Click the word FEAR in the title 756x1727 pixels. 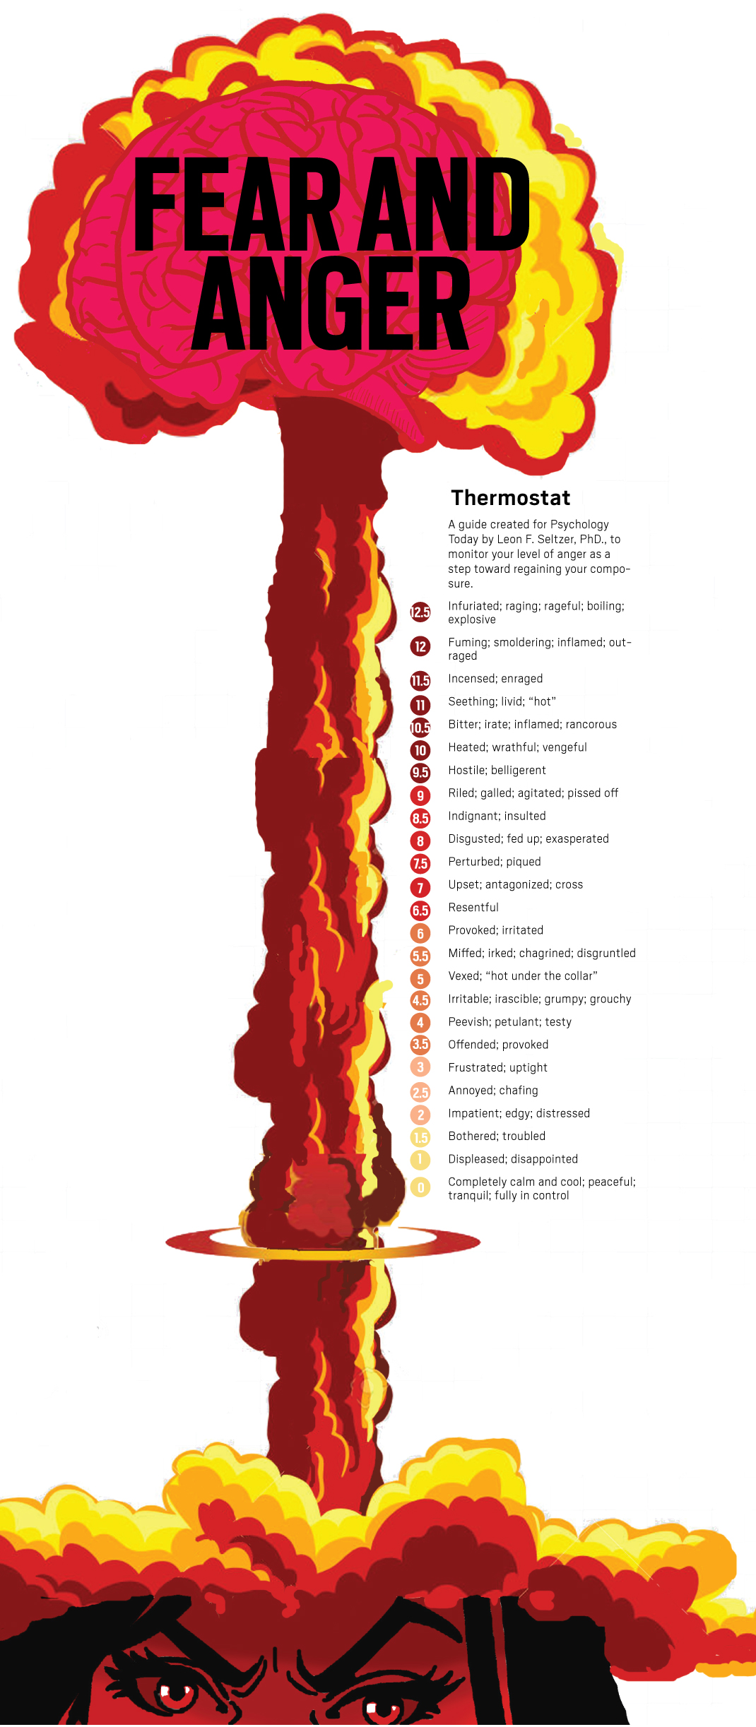pos(237,205)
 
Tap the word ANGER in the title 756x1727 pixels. pos(331,304)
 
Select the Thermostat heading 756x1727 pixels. pos(510,498)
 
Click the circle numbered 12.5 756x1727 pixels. pos(420,612)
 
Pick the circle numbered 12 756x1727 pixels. pos(420,646)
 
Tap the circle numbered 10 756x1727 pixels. pos(420,750)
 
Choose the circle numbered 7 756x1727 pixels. pos(420,887)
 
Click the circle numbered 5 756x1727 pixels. pos(420,979)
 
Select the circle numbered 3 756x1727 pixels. pos(420,1067)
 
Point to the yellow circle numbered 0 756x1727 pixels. pos(420,1187)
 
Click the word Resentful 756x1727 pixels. pos(473,908)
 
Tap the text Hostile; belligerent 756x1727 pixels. pos(497,770)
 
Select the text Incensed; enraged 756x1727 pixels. pos(495,679)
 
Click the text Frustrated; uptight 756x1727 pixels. pos(497,1067)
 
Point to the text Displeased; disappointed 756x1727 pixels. pos(513,1159)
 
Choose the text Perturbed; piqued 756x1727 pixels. pos(495,862)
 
